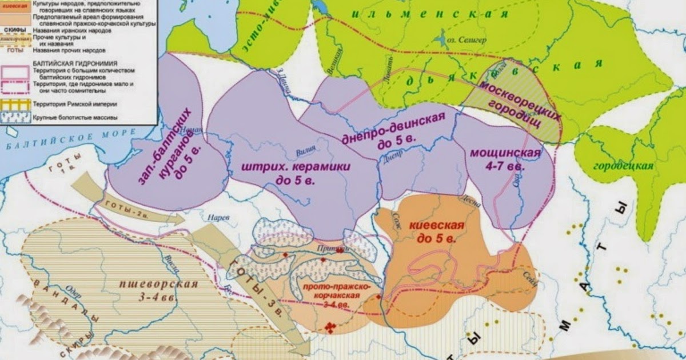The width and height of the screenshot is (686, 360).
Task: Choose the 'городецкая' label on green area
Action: pos(623,166)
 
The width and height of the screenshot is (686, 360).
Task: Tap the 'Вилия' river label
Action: pos(306,152)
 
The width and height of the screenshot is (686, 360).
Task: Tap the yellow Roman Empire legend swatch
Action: pos(16,105)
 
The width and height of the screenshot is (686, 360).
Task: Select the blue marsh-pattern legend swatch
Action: pos(16,117)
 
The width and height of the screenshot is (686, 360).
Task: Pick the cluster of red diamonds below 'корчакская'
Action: pos(330,326)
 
